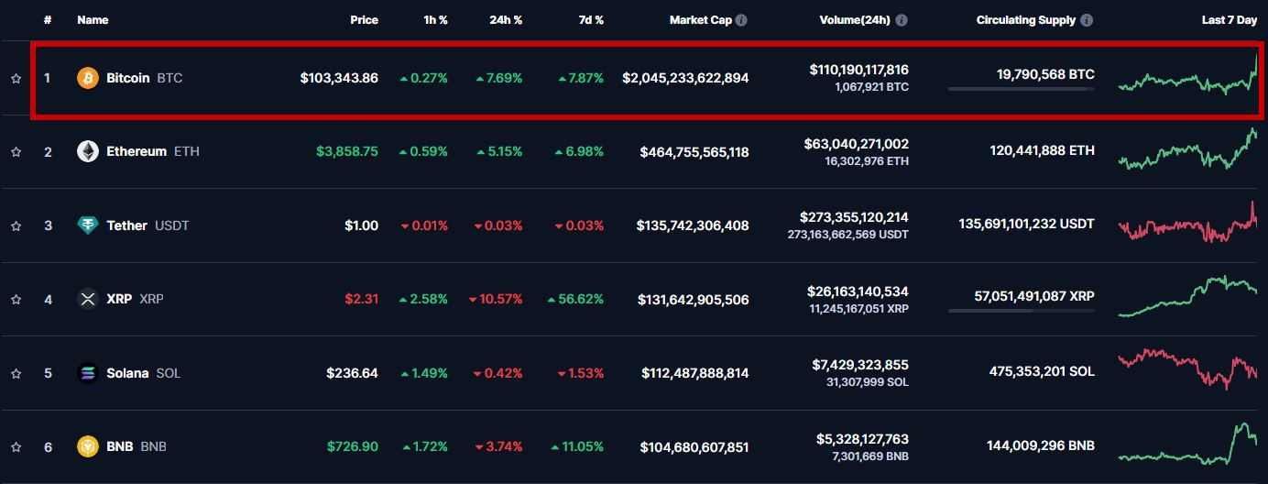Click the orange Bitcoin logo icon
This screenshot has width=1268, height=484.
pos(88,78)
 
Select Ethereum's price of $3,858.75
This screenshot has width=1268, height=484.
pos(346,151)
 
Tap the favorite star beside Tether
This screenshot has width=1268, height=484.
pos(16,225)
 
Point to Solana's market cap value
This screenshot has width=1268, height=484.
pos(693,373)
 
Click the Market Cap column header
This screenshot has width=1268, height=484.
pos(700,20)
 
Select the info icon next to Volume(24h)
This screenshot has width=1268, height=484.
pos(902,20)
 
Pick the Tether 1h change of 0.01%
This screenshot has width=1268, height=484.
pos(423,225)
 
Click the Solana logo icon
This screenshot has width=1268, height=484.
pos(88,373)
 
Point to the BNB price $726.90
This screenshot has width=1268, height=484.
pos(353,446)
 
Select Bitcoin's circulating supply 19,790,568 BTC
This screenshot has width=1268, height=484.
pos(1045,75)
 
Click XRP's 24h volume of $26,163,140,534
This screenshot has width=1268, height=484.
pos(858,291)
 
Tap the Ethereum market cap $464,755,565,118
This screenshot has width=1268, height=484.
pos(694,152)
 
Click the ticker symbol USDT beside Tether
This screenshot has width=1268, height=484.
pos(172,225)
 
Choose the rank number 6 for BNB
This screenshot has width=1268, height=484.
pos(49,447)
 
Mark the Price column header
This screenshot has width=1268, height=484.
pos(364,20)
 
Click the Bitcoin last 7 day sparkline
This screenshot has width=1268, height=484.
pos(1187,77)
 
